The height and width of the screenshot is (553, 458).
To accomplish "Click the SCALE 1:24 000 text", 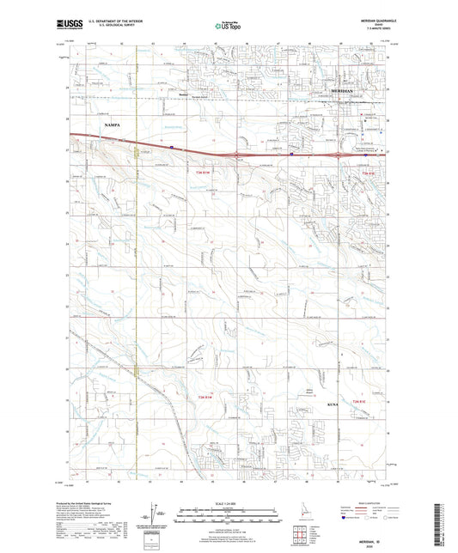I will coord(228,502).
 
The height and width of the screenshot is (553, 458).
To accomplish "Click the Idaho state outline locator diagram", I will coord(296,527).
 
